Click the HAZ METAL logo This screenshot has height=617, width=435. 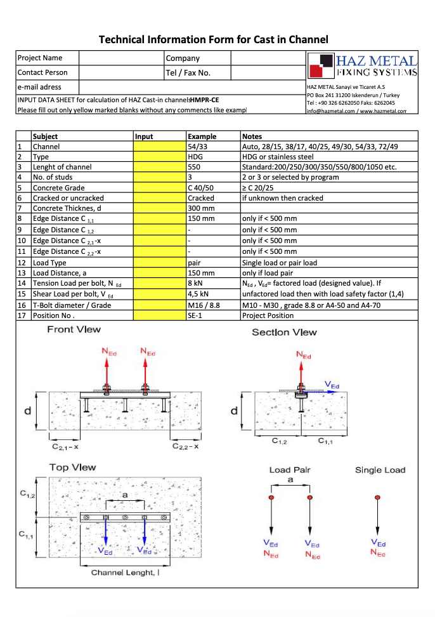pos(361,66)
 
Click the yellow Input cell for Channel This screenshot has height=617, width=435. pos(160,147)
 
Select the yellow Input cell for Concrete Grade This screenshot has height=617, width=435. pos(160,187)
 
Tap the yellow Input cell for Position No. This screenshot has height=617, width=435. pos(160,315)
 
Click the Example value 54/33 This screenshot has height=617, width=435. pos(197,147)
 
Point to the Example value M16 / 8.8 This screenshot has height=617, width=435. pos(204,305)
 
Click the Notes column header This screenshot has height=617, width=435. pos(252,136)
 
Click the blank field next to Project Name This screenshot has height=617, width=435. pos(120,58)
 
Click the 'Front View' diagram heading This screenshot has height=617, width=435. pos(74,329)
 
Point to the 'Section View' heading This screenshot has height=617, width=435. pos(284,332)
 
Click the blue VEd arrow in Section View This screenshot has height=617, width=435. pos(323,392)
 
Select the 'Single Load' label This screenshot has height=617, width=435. pos(380,470)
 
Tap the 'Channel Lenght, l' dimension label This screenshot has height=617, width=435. pos(125,573)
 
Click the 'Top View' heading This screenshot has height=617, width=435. pos(73,467)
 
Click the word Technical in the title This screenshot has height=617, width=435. pos(121,39)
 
